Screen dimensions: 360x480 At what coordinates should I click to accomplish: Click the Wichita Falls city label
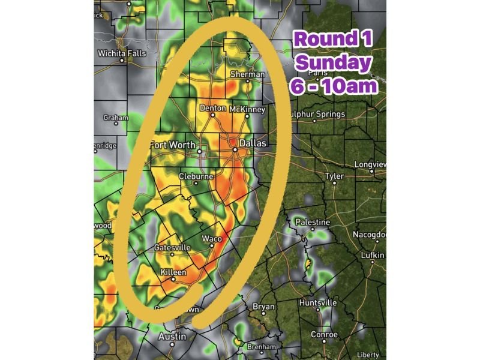pos(122,53)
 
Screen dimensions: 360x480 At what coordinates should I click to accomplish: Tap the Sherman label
pos(248,74)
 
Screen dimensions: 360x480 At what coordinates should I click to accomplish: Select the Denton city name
pos(213,109)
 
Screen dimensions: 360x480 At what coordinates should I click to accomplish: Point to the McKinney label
pos(246,110)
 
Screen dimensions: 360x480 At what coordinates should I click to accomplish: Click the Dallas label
pos(251,144)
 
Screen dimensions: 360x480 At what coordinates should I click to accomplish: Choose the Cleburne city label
pos(196,177)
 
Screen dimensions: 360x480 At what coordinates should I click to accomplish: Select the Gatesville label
pos(172,247)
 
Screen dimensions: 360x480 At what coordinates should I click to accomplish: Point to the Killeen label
pos(173,272)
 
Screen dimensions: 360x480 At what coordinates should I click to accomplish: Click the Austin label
pos(172,337)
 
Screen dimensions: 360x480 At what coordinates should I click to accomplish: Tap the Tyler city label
pos(334,176)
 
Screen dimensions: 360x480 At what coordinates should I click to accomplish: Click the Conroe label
pos(324,334)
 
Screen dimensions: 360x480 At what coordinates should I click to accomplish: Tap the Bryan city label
pos(263,307)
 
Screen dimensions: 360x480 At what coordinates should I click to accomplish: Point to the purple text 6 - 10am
pos(334,86)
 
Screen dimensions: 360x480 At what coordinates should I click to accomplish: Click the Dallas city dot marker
pos(236,151)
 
